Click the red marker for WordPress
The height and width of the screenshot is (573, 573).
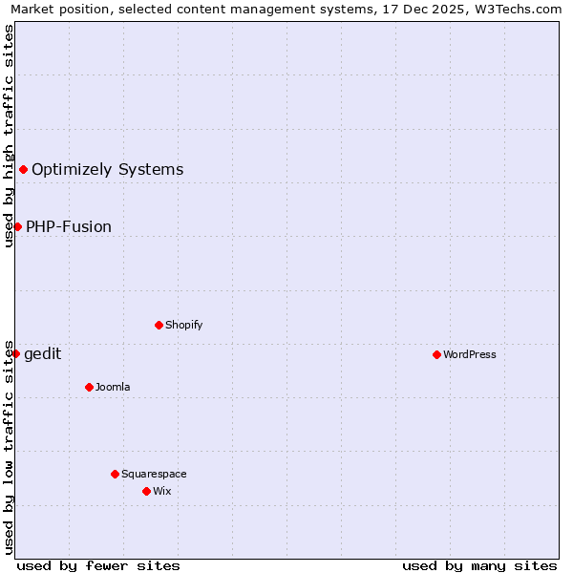coord(436,354)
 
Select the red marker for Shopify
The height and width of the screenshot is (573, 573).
coord(159,325)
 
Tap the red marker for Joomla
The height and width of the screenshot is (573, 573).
coord(89,387)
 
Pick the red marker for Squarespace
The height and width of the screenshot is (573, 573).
coord(115,474)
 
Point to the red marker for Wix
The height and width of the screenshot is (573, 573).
coord(146,491)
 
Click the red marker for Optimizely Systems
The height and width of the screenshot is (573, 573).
coord(23,170)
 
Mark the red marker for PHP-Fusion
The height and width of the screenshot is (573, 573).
coord(17,226)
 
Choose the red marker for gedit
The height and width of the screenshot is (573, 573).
coord(15,353)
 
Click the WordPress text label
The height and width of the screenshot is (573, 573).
coord(470,354)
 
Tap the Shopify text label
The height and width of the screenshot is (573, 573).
coord(184,325)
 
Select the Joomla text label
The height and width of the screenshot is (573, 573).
coord(113,387)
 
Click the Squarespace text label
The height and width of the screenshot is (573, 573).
coord(154,474)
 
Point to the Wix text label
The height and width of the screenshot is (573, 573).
coord(161,491)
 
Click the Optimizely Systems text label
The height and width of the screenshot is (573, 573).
coord(108,170)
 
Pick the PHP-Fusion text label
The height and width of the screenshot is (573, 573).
coord(69,226)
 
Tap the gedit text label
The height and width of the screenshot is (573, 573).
coord(43,354)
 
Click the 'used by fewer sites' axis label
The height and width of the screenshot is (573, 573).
coord(98,565)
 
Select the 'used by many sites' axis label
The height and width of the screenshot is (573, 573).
coord(479,565)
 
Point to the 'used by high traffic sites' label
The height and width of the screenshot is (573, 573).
coord(9,136)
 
